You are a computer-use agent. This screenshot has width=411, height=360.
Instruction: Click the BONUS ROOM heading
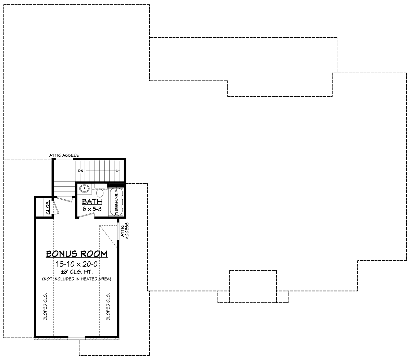pyautogui.click(x=77, y=254)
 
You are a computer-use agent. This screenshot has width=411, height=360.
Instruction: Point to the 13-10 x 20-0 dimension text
pyautogui.click(x=77, y=264)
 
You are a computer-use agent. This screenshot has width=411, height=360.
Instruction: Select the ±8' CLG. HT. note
pyautogui.click(x=77, y=272)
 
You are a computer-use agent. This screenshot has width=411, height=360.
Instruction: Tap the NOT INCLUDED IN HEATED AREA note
pyautogui.click(x=76, y=279)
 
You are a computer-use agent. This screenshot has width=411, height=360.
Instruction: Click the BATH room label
pyautogui.click(x=92, y=201)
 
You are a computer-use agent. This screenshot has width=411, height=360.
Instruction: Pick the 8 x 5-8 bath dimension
pyautogui.click(x=92, y=209)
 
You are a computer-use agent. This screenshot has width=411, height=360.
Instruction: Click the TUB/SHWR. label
pyautogui.click(x=117, y=203)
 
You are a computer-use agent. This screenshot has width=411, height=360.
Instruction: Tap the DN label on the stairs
pyautogui.click(x=80, y=171)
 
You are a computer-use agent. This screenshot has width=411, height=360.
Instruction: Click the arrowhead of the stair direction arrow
pyautogui.click(x=118, y=171)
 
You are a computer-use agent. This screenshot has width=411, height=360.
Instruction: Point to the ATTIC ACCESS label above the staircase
pyautogui.click(x=64, y=155)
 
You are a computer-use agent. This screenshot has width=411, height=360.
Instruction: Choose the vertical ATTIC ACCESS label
pyautogui.click(x=125, y=231)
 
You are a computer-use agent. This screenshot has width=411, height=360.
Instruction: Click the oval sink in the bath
pyautogui.click(x=84, y=189)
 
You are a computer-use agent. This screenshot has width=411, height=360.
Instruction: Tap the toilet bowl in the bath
pyautogui.click(x=100, y=193)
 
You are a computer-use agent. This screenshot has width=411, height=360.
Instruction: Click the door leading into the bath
pyautogui.click(x=87, y=215)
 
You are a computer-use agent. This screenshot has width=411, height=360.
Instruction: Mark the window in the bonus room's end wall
pyautogui.click(x=76, y=338)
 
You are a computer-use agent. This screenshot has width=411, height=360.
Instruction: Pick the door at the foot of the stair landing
pyautogui.click(x=64, y=199)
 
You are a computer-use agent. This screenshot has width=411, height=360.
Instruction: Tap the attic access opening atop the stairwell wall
pyautogui.click(x=64, y=159)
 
